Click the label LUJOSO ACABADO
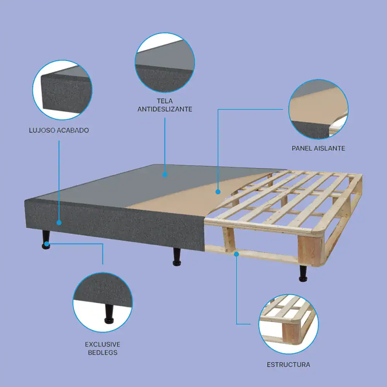59,130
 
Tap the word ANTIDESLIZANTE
165,109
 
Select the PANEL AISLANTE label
319,148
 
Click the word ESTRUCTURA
289,365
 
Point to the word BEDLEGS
103,353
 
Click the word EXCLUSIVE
103,344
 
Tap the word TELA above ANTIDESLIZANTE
165,101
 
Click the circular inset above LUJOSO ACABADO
62,90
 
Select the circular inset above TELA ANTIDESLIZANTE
165,62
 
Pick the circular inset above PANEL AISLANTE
319,109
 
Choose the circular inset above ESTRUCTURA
289,324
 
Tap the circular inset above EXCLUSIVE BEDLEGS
103,302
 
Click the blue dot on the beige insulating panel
218,192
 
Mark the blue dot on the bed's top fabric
165,175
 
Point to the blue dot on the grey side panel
59,223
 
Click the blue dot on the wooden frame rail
236,254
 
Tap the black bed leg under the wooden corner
303,274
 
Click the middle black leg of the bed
177,257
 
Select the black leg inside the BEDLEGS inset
109,314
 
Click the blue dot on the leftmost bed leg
46,244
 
